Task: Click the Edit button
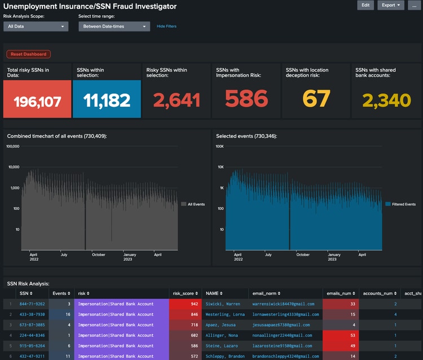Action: [x=365, y=5]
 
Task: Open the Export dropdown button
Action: [x=391, y=5]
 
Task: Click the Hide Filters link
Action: [x=166, y=27]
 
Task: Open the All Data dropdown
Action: [x=36, y=27]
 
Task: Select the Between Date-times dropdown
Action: [x=114, y=27]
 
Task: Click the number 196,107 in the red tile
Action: [x=37, y=101]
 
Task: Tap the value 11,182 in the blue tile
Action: [x=107, y=100]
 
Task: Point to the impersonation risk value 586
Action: [x=246, y=99]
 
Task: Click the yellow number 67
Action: [x=316, y=99]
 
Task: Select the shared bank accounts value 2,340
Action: [x=386, y=100]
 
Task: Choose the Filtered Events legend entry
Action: [x=400, y=204]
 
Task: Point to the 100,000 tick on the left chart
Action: [x=12, y=146]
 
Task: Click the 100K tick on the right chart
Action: [x=220, y=146]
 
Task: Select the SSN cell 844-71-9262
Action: [x=32, y=304]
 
